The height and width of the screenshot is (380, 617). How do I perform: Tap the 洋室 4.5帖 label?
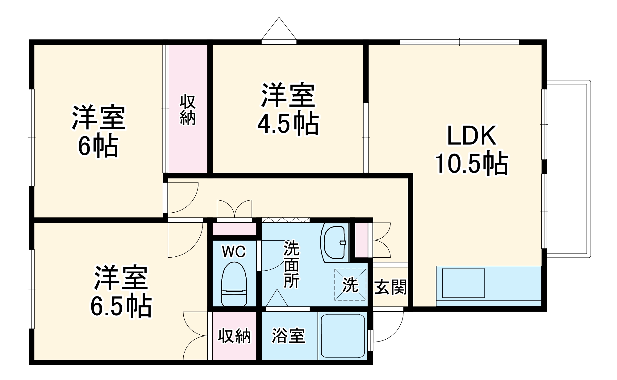click(x=288, y=109)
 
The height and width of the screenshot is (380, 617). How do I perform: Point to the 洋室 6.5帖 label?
click(x=121, y=291)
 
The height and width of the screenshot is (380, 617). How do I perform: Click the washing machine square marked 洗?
click(x=350, y=284)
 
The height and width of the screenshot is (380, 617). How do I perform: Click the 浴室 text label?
click(x=288, y=336)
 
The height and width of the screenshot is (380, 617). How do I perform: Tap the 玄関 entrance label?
click(x=390, y=287)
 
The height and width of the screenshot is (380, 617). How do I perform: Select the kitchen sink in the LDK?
click(x=463, y=283)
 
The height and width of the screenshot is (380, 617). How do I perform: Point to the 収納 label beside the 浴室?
click(x=234, y=336)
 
